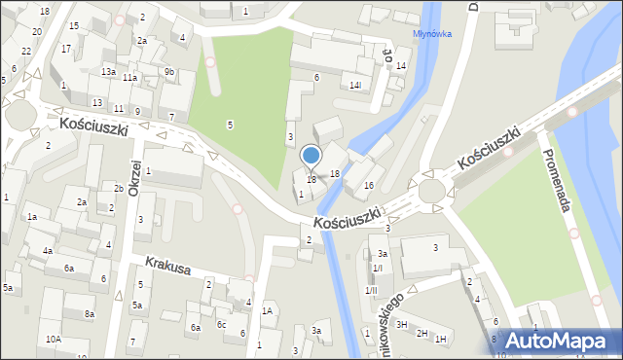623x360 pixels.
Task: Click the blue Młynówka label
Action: coord(431,32)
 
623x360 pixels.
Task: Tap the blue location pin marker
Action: coord(311,156)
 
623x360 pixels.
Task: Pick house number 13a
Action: coord(109,72)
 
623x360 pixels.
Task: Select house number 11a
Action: coord(129,77)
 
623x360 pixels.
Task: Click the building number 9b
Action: coord(169,72)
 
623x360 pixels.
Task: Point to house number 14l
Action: coord(355,86)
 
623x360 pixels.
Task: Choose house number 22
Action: coord(25,51)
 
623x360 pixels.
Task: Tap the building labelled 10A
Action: coord(53,339)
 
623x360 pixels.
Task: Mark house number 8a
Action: coord(90,313)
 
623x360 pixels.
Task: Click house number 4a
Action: coord(47,250)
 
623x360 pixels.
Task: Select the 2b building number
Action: coord(118,188)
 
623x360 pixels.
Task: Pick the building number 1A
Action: coord(266,310)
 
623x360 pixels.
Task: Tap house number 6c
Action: coord(221,325)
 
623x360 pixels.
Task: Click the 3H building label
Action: coord(401,323)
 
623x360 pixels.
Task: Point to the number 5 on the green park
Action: coord(230,125)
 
